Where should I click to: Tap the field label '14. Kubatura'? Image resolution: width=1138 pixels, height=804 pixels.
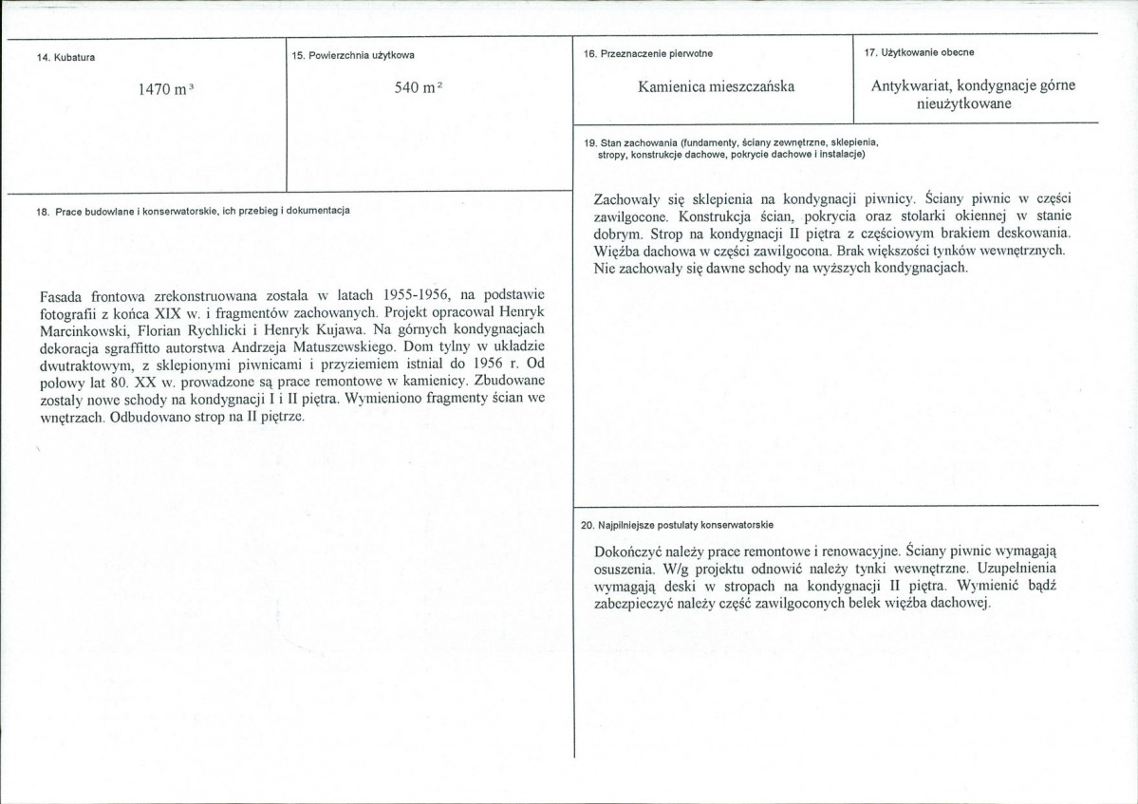(x=58, y=58)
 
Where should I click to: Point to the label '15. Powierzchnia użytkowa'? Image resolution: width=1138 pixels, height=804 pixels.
(x=354, y=57)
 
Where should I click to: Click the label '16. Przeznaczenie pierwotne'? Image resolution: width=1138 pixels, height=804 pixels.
(x=649, y=53)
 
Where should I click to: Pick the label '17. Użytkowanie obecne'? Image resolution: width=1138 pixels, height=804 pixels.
(x=919, y=51)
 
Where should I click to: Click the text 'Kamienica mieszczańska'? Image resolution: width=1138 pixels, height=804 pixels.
(x=717, y=86)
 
